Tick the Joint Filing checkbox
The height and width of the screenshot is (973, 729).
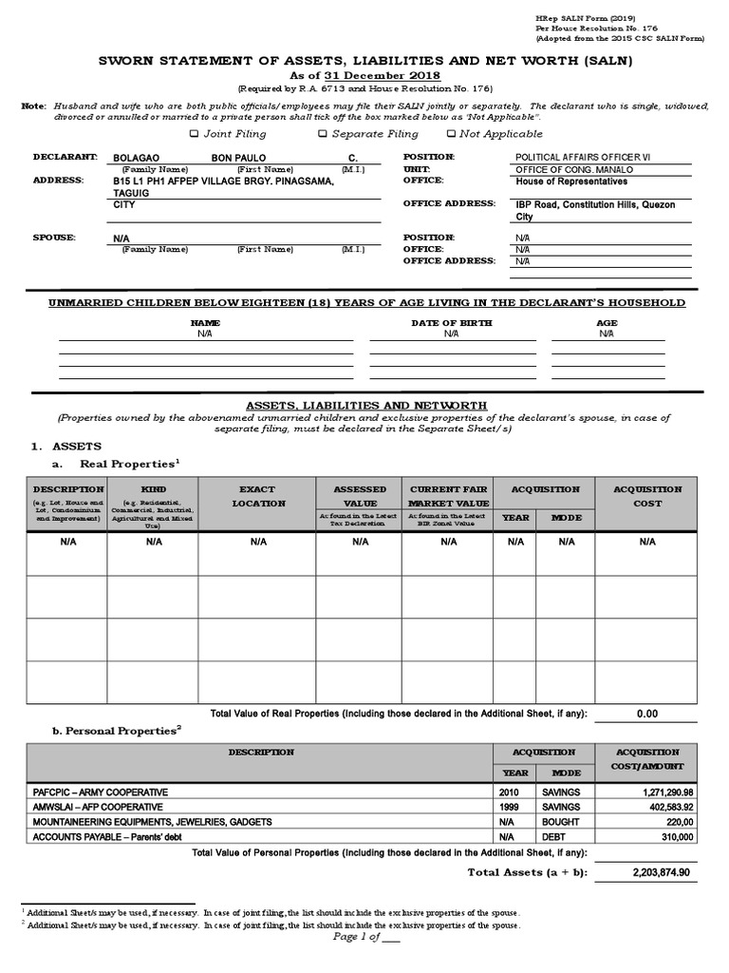(195, 134)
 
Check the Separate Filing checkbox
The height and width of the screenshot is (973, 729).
(324, 134)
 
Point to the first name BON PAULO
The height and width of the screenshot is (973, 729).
(238, 158)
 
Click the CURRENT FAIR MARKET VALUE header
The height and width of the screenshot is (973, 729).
(448, 496)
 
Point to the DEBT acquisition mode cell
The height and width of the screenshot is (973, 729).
(557, 836)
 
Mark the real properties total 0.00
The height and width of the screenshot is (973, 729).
(647, 714)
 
